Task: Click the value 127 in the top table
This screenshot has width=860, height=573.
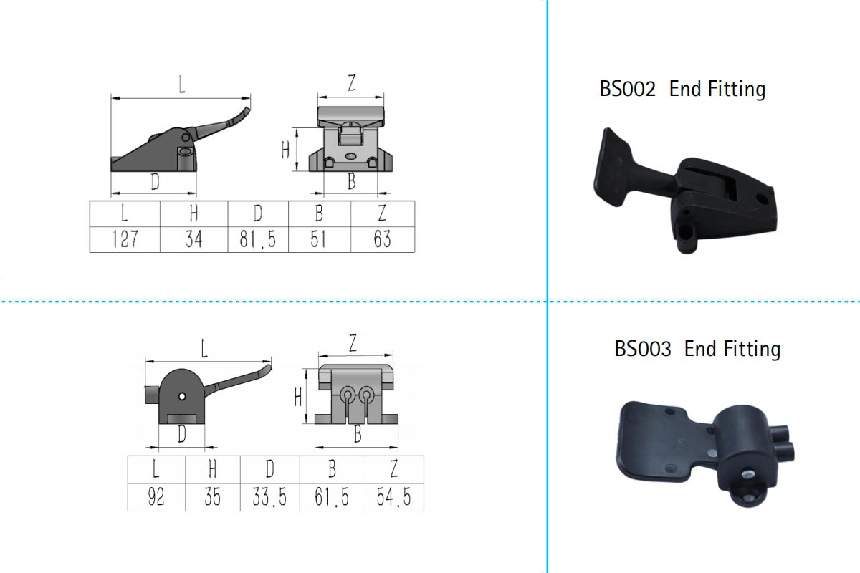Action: (125, 239)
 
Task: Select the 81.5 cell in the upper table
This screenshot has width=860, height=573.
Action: (258, 239)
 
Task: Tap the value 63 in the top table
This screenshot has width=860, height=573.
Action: (382, 239)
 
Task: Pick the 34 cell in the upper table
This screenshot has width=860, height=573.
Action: (193, 239)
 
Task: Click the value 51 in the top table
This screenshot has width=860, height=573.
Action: (319, 239)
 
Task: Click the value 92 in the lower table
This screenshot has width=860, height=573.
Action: (156, 497)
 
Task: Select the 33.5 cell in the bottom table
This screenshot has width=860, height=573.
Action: (269, 497)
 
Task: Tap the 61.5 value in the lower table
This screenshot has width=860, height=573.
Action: (332, 497)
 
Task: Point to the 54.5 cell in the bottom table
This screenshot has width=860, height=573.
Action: (394, 497)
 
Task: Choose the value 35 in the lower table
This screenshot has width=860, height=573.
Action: (212, 497)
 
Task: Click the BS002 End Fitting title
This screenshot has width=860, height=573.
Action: (682, 90)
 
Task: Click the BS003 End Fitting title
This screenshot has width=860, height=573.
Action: (697, 349)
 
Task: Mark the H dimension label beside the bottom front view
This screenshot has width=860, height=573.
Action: (298, 396)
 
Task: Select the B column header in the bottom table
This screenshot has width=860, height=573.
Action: (332, 469)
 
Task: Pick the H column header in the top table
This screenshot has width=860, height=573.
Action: (193, 213)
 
